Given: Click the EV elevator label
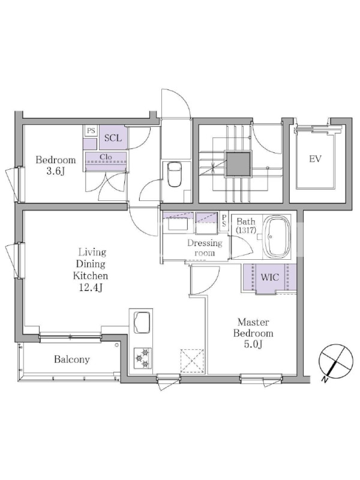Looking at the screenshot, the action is pyautogui.click(x=315, y=159).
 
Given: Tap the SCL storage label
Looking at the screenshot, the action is pyautogui.click(x=113, y=138).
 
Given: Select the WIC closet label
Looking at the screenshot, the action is pyautogui.click(x=269, y=277).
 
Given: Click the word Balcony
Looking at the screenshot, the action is pyautogui.click(x=72, y=359).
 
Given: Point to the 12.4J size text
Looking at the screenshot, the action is pyautogui.click(x=91, y=288).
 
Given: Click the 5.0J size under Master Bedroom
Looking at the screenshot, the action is pyautogui.click(x=253, y=344).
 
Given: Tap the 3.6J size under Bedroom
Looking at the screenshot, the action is pyautogui.click(x=55, y=172).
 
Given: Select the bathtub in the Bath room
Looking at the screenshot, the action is pyautogui.click(x=277, y=237).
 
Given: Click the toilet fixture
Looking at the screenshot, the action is pyautogui.click(x=175, y=174).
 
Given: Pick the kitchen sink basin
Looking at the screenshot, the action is pyautogui.click(x=142, y=322).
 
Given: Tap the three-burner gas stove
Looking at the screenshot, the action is pyautogui.click(x=143, y=358).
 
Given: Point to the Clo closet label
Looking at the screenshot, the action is pyautogui.click(x=106, y=157).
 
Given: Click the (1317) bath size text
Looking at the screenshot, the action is pyautogui.click(x=246, y=230).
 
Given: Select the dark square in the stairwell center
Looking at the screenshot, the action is pyautogui.click(x=238, y=164).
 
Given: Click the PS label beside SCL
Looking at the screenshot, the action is pyautogui.click(x=91, y=131).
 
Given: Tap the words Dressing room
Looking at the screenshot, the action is pyautogui.click(x=205, y=248).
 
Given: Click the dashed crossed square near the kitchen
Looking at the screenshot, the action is pyautogui.click(x=192, y=361).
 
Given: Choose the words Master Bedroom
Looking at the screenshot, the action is pyautogui.click(x=253, y=328).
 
